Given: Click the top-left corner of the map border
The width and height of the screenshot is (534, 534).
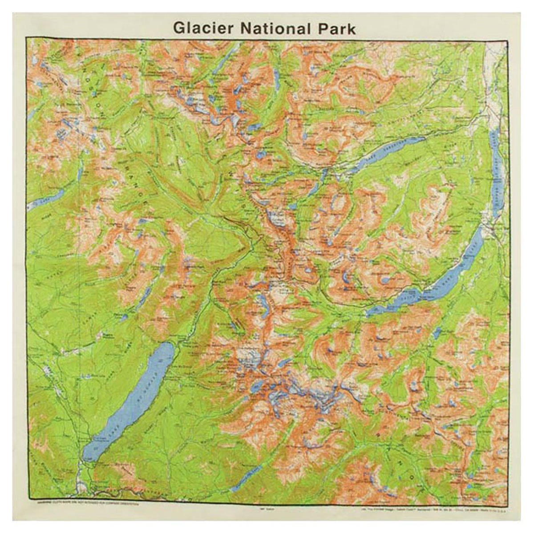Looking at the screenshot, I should (x=28, y=39).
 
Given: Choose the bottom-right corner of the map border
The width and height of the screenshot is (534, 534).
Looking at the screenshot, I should (x=508, y=503).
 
